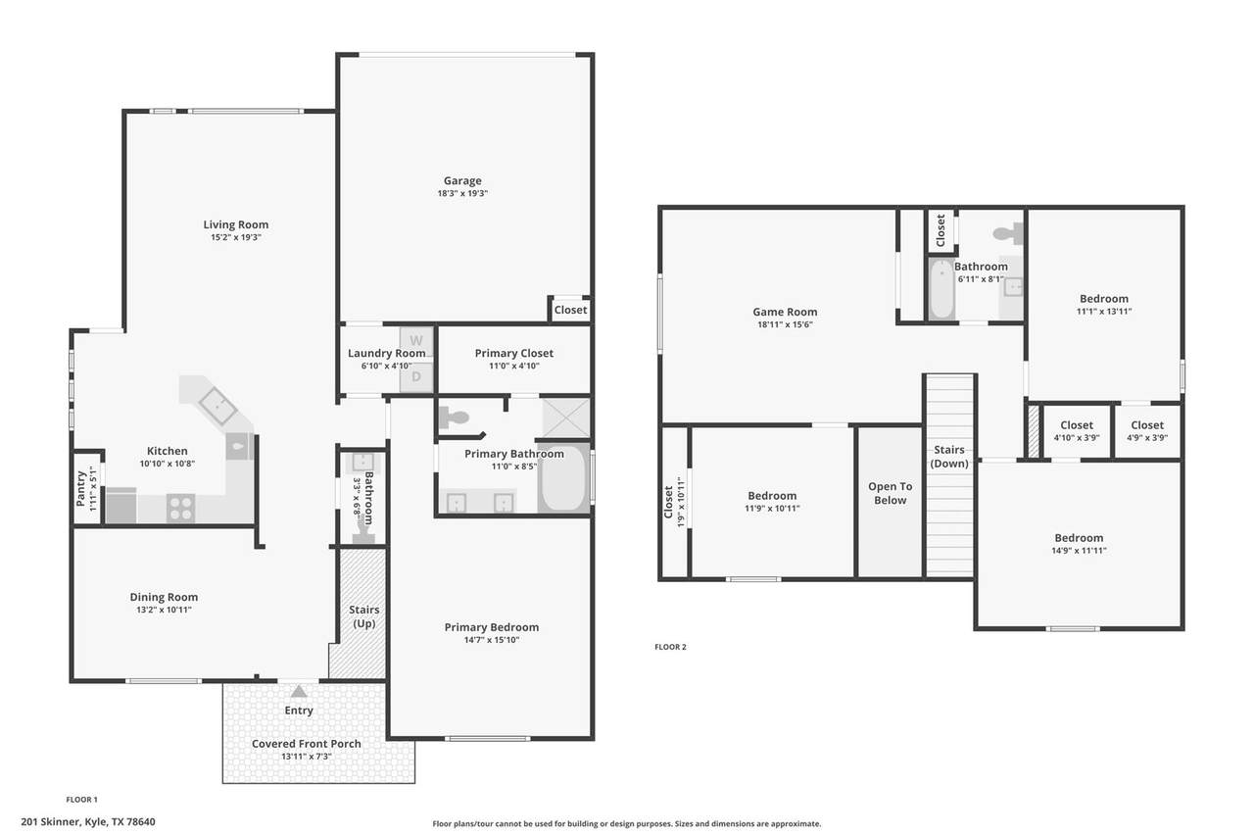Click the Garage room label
[x=462, y=181]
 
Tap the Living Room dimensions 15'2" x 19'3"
[x=236, y=237]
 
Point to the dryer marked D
[x=416, y=377]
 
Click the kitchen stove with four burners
[x=180, y=509]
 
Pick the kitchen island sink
[x=217, y=406]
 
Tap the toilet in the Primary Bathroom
[x=454, y=418]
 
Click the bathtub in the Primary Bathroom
[x=562, y=477]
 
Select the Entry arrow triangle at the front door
[x=299, y=692]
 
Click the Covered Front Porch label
[x=307, y=744]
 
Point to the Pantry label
[x=81, y=489]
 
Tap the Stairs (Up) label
[x=363, y=616]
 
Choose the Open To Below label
[x=891, y=493]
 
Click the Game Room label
[x=785, y=312]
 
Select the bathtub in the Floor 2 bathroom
[x=941, y=289]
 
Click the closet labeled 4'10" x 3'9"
[x=1077, y=431]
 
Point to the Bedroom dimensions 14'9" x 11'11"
[x=1079, y=551]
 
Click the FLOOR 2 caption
[x=670, y=647]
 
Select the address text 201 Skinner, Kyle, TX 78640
[x=88, y=822]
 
